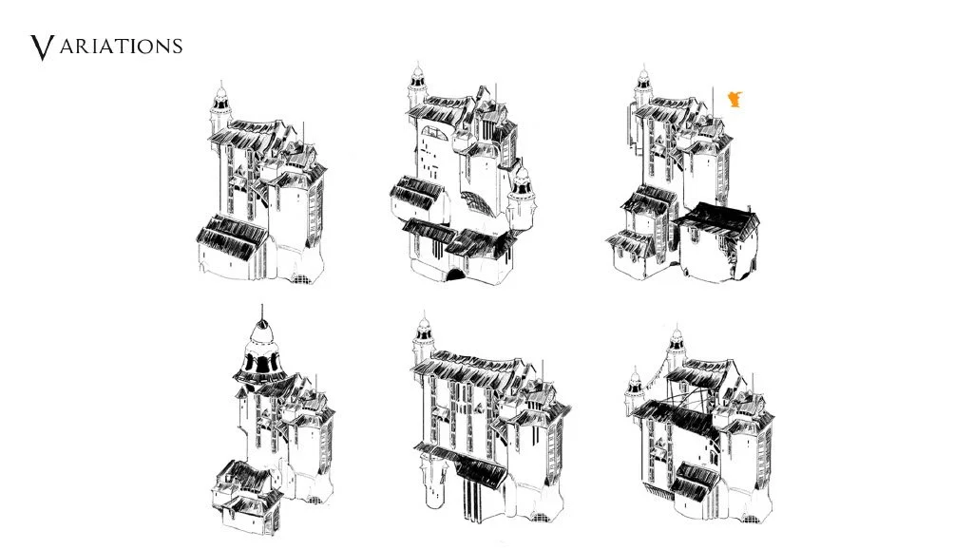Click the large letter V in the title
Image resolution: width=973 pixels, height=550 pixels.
(42, 47)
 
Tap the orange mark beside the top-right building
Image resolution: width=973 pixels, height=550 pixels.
(735, 99)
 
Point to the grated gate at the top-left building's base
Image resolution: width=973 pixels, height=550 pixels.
(301, 278)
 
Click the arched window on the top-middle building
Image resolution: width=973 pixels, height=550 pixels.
(434, 133)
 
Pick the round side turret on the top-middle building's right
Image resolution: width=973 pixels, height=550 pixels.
(522, 199)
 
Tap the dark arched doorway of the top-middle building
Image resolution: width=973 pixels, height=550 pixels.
(456, 275)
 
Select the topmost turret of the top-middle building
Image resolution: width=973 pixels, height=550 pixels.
(418, 86)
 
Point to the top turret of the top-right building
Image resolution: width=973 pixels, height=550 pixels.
(643, 86)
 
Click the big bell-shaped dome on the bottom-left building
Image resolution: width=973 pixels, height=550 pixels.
(261, 351)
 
